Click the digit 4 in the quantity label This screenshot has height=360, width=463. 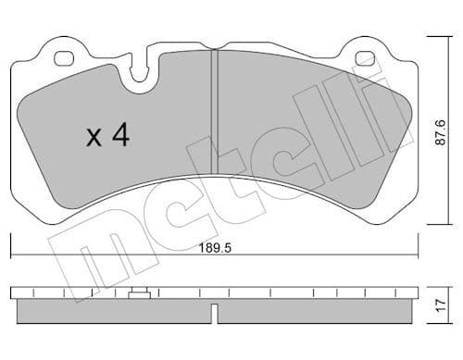[119, 137]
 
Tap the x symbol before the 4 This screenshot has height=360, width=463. [94, 139]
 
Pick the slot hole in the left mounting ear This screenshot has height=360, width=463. [64, 59]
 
